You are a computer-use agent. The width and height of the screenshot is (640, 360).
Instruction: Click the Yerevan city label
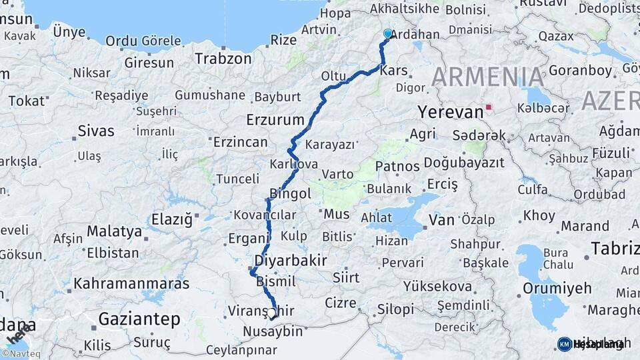pyautogui.click(x=451, y=111)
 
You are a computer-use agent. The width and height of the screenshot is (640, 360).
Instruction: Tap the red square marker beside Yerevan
pyautogui.click(x=489, y=107)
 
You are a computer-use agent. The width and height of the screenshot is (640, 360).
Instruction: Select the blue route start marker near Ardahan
pyautogui.click(x=388, y=33)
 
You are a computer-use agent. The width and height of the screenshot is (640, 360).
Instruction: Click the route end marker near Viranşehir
pyautogui.click(x=272, y=312)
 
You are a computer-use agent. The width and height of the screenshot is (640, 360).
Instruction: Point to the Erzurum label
pyautogui.click(x=275, y=121)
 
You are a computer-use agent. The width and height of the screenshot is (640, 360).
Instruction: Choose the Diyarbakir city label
pyautogui.click(x=291, y=260)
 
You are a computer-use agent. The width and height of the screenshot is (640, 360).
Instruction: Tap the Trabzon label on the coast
pyautogui.click(x=223, y=59)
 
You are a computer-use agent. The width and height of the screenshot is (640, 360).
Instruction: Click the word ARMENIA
pyautogui.click(x=488, y=77)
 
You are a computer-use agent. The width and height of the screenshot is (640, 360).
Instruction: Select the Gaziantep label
pyautogui.click(x=139, y=319)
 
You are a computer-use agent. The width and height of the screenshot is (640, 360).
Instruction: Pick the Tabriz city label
pyautogui.click(x=615, y=249)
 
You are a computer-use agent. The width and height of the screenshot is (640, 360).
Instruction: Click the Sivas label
pyautogui.click(x=96, y=131)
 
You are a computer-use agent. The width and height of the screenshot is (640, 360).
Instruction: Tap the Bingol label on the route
pyautogui.click(x=290, y=194)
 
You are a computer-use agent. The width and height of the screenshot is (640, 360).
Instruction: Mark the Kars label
pyautogui.click(x=393, y=69)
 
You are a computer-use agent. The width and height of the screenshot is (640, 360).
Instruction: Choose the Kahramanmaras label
pyautogui.click(x=131, y=283)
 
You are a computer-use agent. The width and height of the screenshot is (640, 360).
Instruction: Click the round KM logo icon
pyautogui.click(x=565, y=344)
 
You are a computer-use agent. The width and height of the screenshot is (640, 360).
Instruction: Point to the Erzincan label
pyautogui.click(x=240, y=142)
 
